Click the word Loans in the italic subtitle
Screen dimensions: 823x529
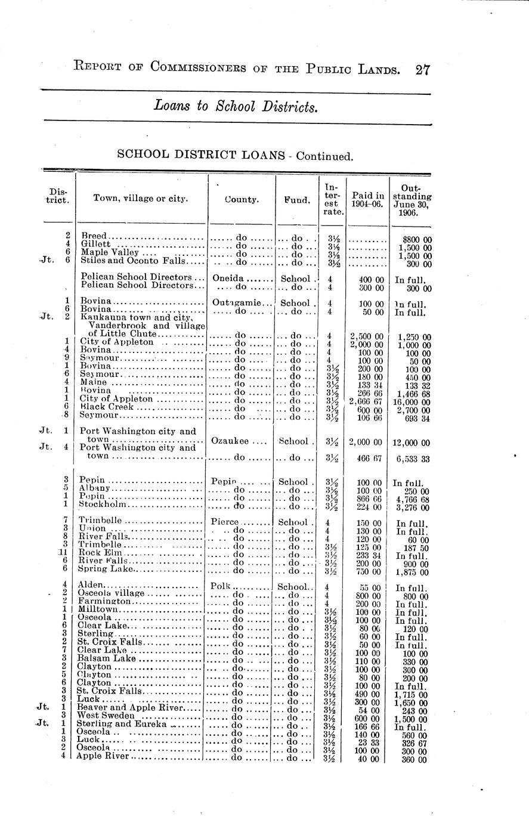pos(167,106)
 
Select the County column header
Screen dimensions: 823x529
pos(242,200)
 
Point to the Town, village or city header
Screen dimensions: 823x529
pos(141,199)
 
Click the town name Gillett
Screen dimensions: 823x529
pos(96,244)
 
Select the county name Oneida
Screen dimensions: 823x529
pos(228,279)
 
